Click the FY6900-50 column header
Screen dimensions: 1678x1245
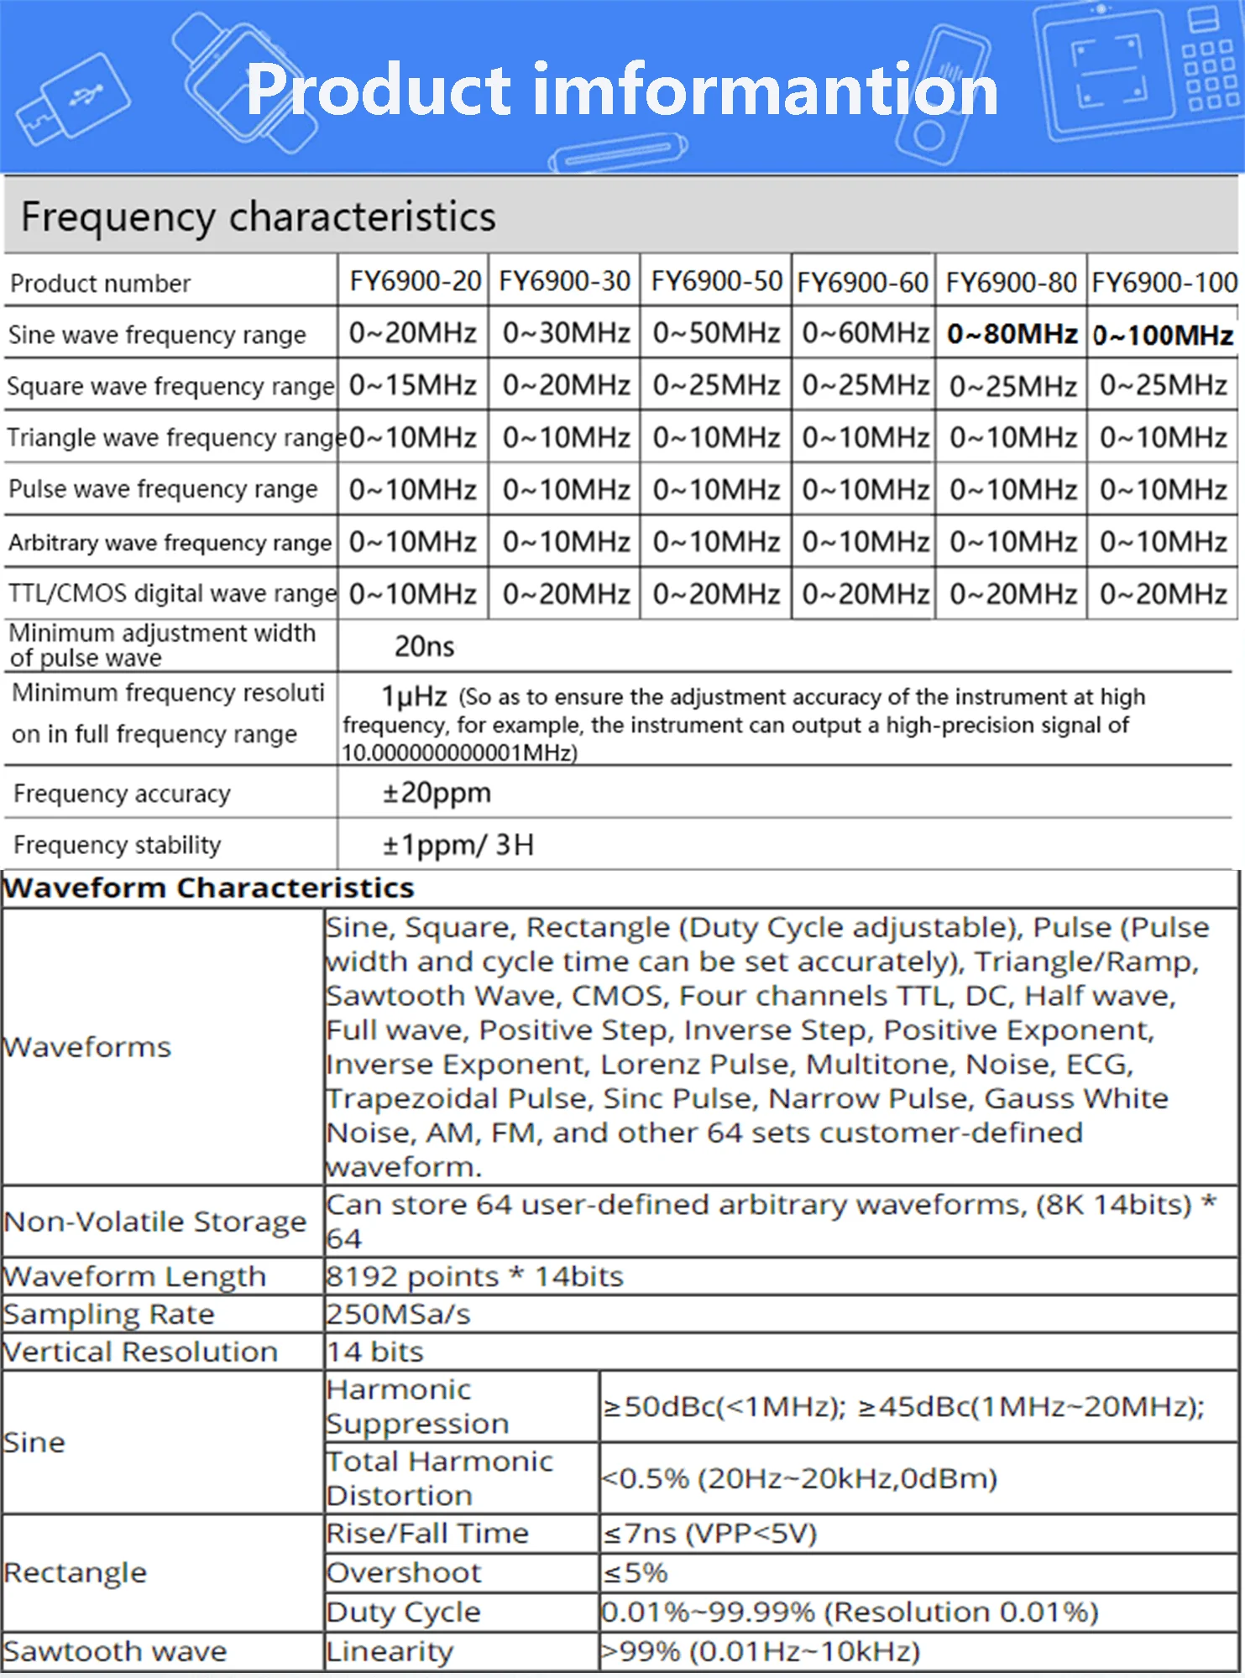[716, 281]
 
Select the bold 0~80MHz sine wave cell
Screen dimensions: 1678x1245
[1012, 334]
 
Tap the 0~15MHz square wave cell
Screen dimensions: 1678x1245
[413, 385]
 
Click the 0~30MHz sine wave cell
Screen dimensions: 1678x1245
[566, 333]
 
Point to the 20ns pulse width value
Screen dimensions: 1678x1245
[424, 646]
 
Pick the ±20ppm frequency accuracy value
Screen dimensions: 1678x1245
[437, 793]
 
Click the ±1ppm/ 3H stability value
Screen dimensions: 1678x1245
[458, 844]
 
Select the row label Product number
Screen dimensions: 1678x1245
[101, 284]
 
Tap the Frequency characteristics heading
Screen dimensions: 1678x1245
[259, 216]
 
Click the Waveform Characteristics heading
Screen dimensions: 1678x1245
[209, 888]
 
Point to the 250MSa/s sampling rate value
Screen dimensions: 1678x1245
[399, 1314]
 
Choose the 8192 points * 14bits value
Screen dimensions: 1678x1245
[475, 1276]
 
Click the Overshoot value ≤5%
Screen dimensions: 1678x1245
[636, 1572]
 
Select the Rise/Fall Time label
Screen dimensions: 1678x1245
[428, 1534]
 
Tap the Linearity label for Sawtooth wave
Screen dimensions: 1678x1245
[390, 1651]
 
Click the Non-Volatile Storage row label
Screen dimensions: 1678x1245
[155, 1222]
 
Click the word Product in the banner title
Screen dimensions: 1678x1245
[379, 90]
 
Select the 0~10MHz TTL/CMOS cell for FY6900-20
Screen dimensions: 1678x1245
[413, 594]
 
